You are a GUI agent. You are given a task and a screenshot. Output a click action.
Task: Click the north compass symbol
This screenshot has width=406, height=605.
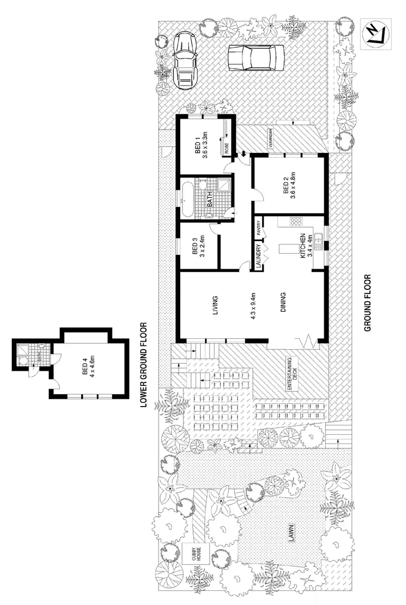[x=373, y=33]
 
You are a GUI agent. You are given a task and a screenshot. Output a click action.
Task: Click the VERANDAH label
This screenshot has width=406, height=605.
[x=266, y=139]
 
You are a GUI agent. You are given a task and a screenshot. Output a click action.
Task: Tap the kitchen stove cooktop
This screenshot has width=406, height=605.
[x=296, y=221]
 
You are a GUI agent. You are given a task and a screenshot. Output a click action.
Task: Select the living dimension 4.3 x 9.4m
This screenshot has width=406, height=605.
[x=252, y=306]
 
